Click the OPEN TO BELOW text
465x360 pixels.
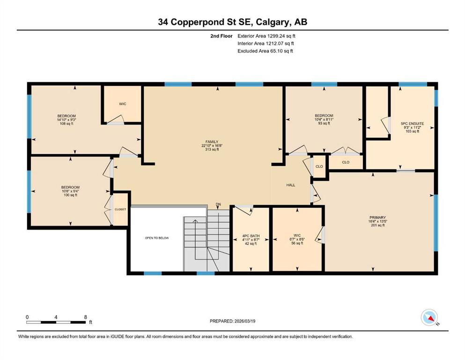(157, 238)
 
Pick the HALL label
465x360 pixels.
(291, 185)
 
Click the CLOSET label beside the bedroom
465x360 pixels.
(120, 209)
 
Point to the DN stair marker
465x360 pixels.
(219, 204)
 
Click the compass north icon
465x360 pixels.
(429, 317)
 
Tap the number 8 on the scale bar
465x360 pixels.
(85, 317)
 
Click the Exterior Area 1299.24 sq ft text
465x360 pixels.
(266, 36)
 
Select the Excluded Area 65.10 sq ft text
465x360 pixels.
(265, 51)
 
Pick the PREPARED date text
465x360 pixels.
(232, 321)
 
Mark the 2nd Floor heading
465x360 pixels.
(221, 36)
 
